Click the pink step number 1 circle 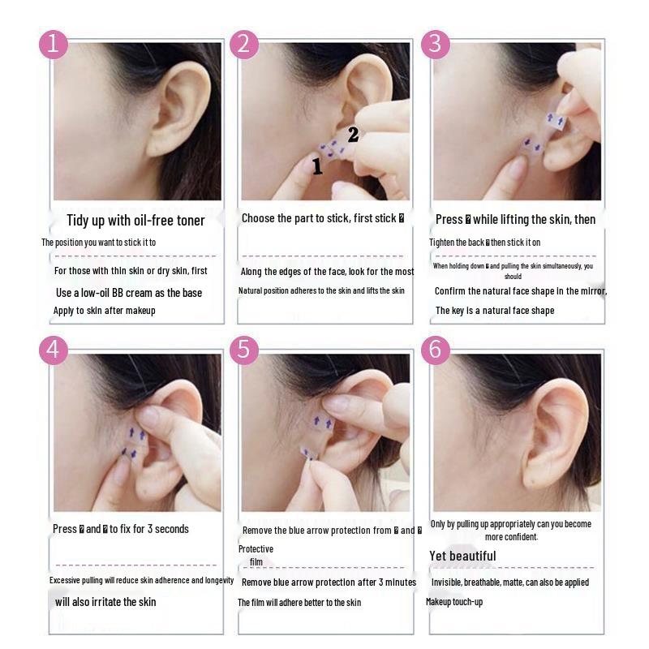pos(54,44)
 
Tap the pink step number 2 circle pos(244,44)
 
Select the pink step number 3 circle pos(435,44)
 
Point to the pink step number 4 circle pos(54,350)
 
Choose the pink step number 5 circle pos(244,350)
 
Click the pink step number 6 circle pos(435,350)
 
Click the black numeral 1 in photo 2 pos(317,167)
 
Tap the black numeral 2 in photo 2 pos(353,135)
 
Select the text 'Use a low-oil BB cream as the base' pos(128,293)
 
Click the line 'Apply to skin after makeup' pos(104,311)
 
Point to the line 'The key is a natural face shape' pos(495,311)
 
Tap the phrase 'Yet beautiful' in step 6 pos(462,557)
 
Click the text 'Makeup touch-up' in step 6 pos(454,602)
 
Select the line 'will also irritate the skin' pos(105,602)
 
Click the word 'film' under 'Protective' pos(256,562)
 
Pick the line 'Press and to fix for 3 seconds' pos(121,529)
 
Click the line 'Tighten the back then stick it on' pos(484,243)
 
